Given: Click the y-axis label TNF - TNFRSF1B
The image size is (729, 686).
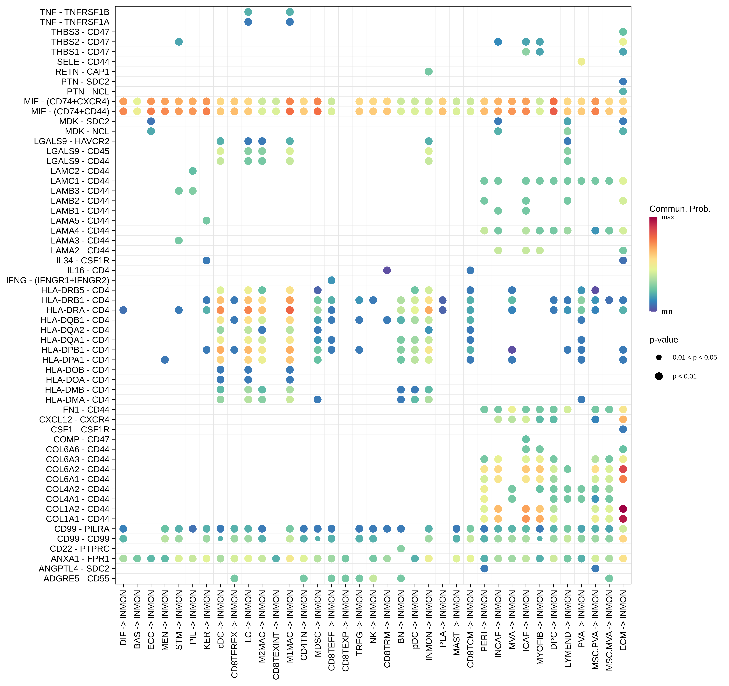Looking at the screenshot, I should pos(74,12).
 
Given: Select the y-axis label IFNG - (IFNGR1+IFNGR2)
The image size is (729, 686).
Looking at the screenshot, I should pos(58,280).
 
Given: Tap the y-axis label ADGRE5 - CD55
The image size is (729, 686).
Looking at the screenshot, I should pos(76,578).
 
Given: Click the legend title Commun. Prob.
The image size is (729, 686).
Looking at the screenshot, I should pos(680,209).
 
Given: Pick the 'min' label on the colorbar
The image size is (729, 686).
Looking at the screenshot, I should pos(667,311).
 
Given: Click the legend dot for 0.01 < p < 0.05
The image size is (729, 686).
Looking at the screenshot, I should pos(659,357).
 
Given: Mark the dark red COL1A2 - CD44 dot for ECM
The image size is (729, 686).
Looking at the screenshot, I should pos(623,509).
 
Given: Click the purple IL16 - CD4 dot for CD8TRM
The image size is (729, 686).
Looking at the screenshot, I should pos(387,270).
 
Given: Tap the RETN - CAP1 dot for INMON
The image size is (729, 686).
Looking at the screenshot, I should pos(429,72).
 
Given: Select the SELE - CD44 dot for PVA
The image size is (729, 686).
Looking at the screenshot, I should pos(581,62).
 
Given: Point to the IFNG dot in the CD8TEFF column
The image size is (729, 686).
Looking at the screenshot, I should pos(331,280).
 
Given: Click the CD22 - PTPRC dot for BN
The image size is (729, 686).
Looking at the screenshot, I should pos(401,548).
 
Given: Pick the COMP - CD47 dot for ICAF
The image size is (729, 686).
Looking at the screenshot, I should pos(526,439).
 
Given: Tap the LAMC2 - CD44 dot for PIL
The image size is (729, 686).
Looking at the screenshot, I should pos(192,171).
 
